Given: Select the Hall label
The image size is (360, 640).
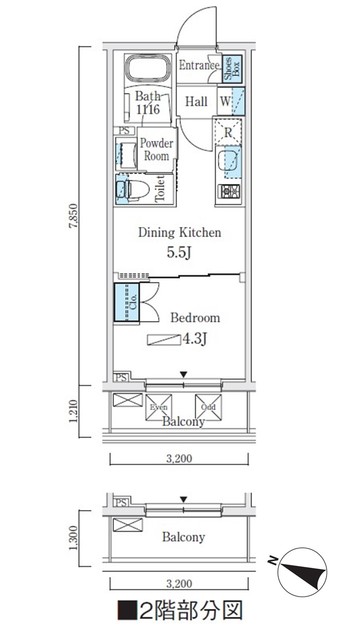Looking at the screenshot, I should tap(196, 101).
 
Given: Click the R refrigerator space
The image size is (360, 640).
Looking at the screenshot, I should tap(229, 130).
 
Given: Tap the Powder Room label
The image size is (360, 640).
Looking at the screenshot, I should tap(156, 149).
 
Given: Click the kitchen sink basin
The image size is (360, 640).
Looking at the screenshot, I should tap(229, 161).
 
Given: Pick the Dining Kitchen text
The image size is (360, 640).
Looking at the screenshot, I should tap(179, 233).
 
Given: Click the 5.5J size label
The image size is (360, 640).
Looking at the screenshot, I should tap(180, 253).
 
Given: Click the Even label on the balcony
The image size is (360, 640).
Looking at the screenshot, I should tap(158, 408).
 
